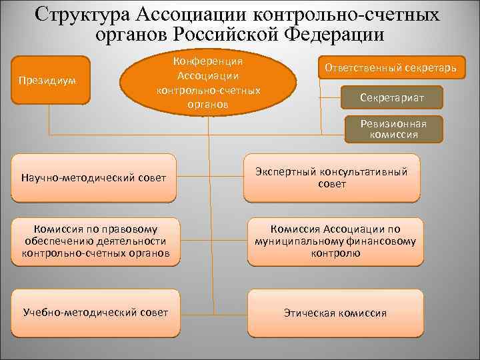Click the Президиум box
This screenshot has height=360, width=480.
[x=50, y=80]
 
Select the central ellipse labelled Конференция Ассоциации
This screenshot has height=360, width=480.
[x=208, y=81]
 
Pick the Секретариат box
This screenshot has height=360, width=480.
[x=391, y=98]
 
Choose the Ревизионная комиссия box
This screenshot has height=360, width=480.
[x=393, y=129]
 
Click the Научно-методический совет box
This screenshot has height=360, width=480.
[x=93, y=177]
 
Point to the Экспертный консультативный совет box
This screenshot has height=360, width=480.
[x=331, y=177]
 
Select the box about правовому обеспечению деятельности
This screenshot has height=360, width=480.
[x=95, y=241]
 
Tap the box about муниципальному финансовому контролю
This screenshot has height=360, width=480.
[x=335, y=241]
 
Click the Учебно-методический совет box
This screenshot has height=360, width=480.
[x=95, y=312]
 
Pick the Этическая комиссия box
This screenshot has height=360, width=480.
[x=335, y=312]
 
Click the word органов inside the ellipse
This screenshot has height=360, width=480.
[x=208, y=104]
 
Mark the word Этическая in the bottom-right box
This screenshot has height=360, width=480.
[x=311, y=313]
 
